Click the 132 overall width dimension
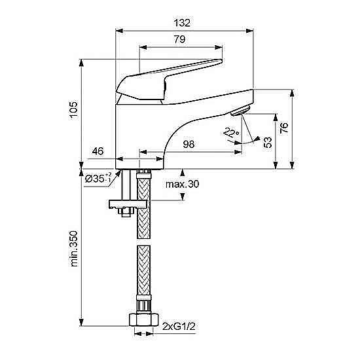point(182,23)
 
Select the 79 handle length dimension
point(179,39)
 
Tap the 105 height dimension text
point(74,110)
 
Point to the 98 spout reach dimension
point(189,144)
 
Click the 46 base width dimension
point(98,151)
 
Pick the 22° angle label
point(232,132)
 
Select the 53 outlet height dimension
point(268,142)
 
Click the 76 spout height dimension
point(284,128)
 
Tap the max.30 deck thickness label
point(183,184)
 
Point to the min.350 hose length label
point(74,249)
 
